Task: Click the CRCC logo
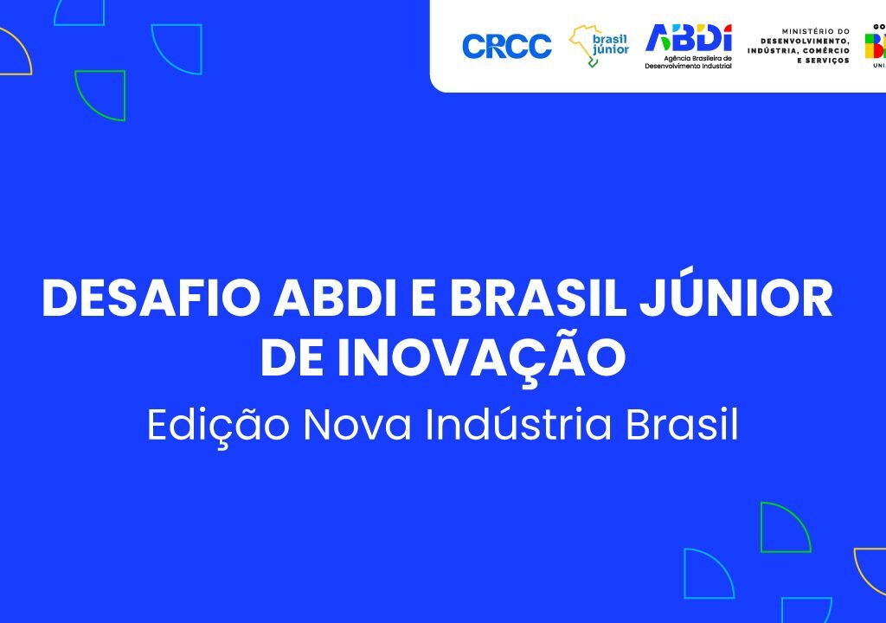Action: pos(506,46)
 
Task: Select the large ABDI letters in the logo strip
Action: pos(689,38)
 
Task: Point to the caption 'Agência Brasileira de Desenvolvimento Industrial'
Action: pos(689,62)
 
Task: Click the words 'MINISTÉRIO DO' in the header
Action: pos(815,30)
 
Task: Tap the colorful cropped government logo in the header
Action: pos(875,45)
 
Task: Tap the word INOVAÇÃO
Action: pos(481,358)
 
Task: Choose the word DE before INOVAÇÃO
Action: pos(291,358)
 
